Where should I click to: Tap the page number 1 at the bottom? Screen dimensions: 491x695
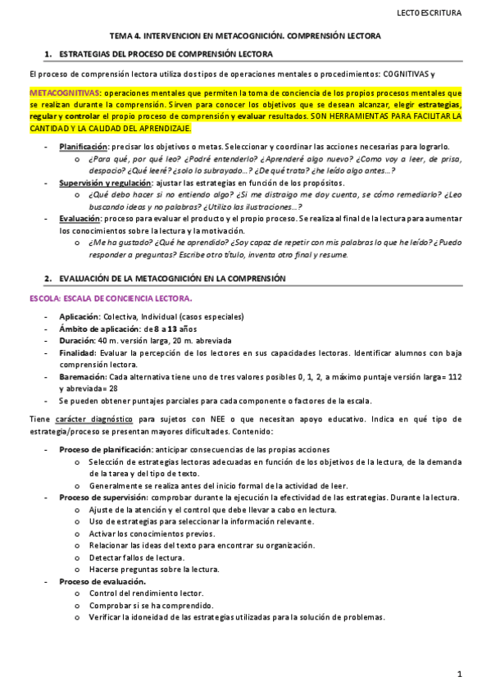461,675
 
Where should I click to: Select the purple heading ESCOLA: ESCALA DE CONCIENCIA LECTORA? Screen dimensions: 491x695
111,299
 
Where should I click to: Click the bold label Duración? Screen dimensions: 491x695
77,340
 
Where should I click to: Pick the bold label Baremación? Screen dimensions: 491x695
82,377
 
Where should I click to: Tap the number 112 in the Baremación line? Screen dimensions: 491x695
455,377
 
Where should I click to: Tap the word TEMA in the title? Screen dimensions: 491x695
122,37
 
